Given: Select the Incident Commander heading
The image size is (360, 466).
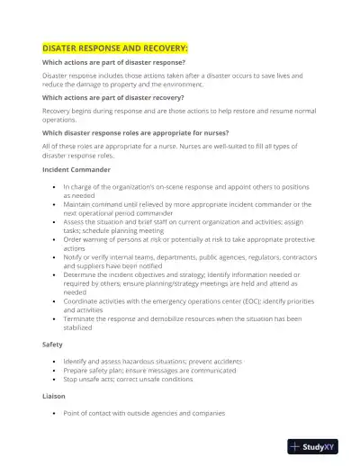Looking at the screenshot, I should (76, 169).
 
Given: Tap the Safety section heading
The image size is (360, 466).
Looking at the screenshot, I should (52, 345).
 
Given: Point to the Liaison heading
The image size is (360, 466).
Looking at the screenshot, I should (54, 395).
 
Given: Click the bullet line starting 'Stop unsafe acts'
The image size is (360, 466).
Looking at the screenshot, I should (128, 379).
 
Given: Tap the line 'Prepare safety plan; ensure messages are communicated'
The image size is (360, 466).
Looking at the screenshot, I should (150, 370).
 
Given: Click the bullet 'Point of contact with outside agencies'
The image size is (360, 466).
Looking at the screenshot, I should (144, 413).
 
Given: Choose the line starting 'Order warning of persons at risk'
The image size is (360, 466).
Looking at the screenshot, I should (189, 239).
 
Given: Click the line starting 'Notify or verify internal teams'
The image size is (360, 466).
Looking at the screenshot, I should (189, 256).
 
